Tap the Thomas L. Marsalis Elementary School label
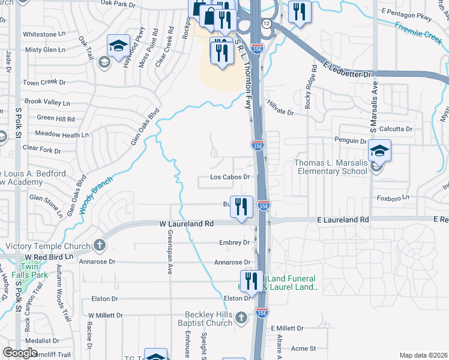click(x=330, y=167)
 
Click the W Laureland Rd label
click(x=187, y=223)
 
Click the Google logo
click(x=20, y=353)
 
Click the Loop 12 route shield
click(x=265, y=23)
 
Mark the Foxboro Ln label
click(x=393, y=197)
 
